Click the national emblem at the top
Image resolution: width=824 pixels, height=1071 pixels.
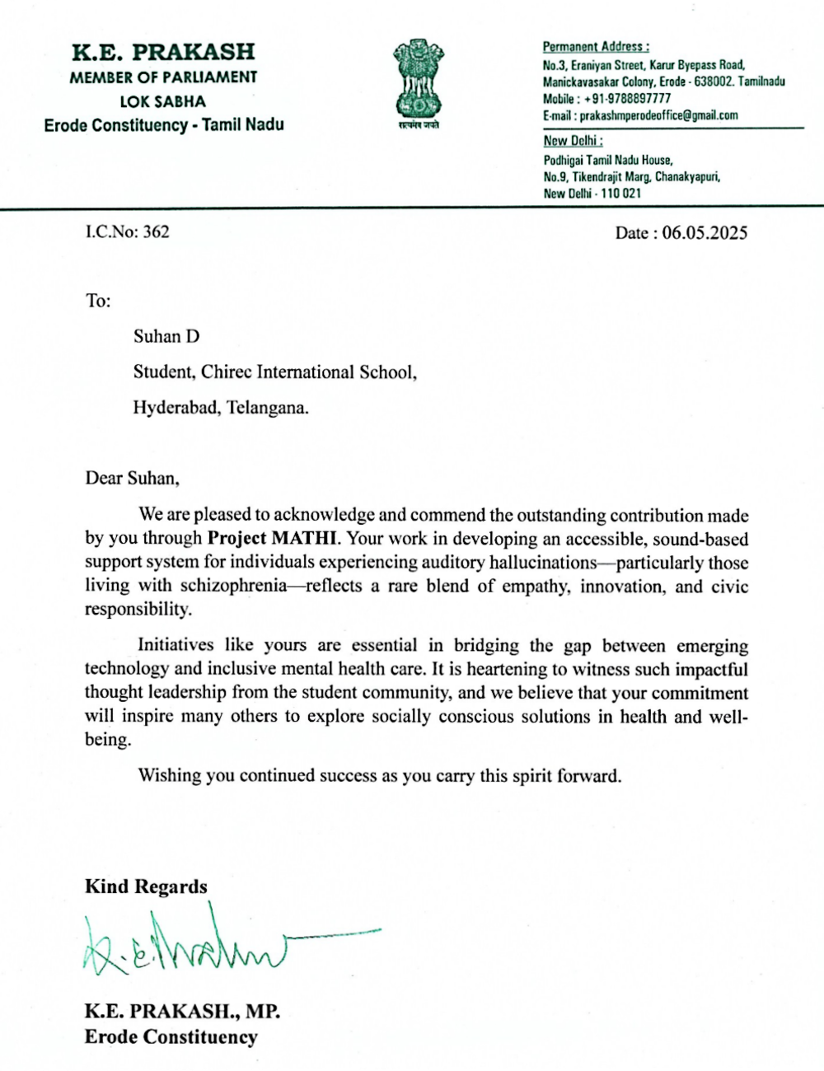pyautogui.click(x=417, y=82)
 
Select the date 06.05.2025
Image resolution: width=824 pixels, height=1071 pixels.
pyautogui.click(x=705, y=233)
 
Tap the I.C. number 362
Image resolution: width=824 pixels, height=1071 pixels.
pyautogui.click(x=156, y=232)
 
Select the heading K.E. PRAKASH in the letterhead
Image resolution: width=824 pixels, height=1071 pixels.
pyautogui.click(x=163, y=51)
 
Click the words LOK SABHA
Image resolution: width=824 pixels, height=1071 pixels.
pyautogui.click(x=163, y=101)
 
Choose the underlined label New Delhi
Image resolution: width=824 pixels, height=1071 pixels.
pyautogui.click(x=573, y=141)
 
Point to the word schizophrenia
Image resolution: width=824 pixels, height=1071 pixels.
pyautogui.click(x=233, y=587)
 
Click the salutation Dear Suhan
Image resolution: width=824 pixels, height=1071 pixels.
pyautogui.click(x=132, y=478)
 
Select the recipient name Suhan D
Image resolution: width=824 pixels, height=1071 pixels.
pyautogui.click(x=166, y=336)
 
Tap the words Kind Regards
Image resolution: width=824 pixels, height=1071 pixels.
pyautogui.click(x=146, y=886)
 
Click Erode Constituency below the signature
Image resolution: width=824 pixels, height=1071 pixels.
pyautogui.click(x=171, y=1036)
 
